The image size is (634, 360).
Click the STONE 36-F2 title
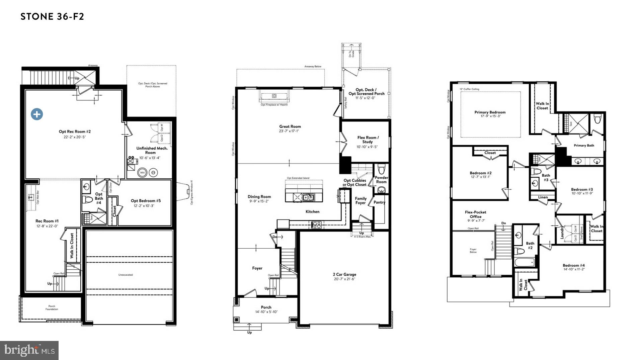tap(52, 16)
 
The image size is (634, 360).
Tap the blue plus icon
tap(37, 114)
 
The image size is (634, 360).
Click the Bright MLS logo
tap(29, 350)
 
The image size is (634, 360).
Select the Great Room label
tap(290, 126)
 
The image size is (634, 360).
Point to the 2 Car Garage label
tap(344, 274)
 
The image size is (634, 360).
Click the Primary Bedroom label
tap(490, 112)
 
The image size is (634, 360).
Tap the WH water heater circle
tap(142, 173)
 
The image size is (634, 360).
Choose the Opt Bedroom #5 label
tap(146, 201)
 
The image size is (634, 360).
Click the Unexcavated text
tap(126, 275)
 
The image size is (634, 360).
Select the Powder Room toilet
tap(381, 168)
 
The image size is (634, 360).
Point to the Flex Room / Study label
tap(368, 140)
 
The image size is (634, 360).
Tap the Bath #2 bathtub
tap(524, 263)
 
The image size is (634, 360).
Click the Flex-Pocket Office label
tap(475, 214)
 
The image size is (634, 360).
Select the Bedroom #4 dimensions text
tap(573, 269)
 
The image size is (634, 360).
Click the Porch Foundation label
tap(52, 307)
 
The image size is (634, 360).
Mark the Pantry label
tap(379, 202)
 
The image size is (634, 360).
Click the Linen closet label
tap(543, 197)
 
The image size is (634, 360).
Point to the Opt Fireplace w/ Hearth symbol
tap(274, 96)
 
